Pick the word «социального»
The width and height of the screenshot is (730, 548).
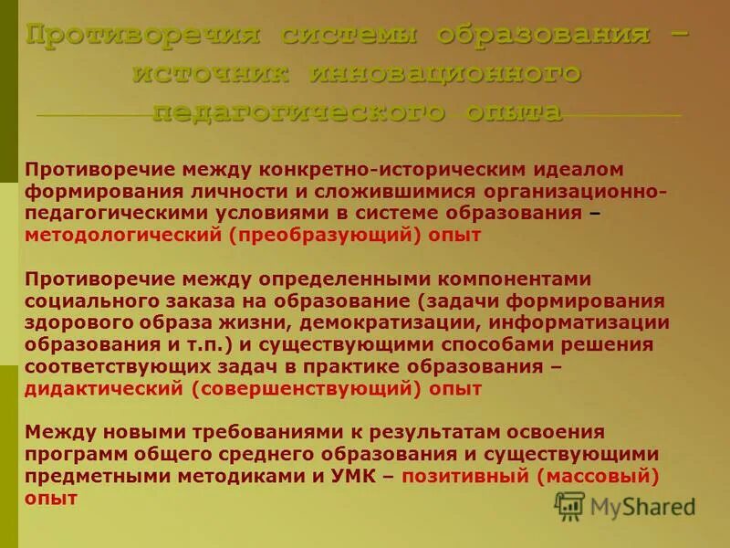point(84,301)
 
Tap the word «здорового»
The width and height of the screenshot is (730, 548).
point(78,323)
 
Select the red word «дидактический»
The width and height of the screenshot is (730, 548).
point(104,389)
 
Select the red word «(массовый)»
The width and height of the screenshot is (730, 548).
point(599,477)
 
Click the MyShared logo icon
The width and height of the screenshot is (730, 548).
point(569,506)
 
